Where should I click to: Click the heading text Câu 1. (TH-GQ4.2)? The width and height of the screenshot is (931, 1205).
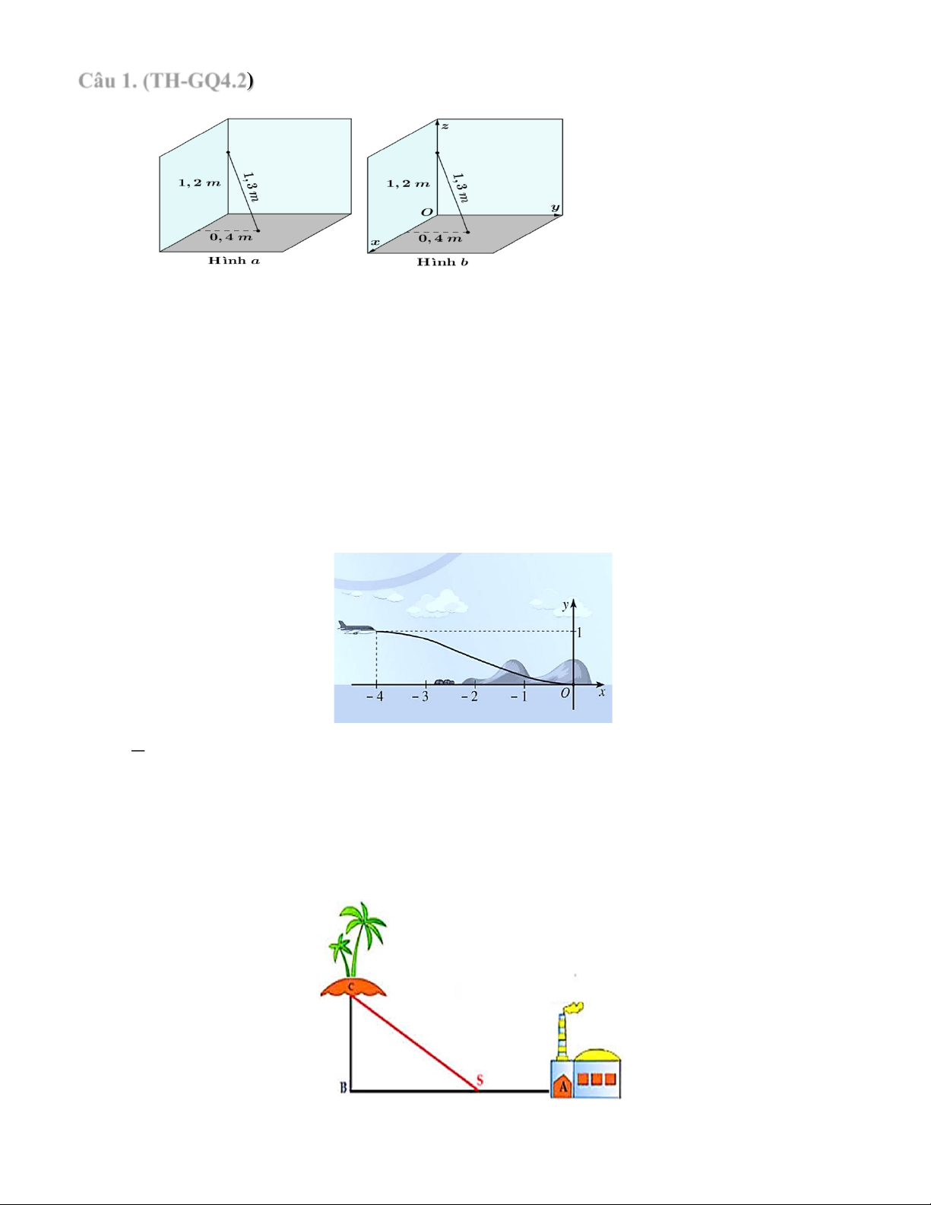166,81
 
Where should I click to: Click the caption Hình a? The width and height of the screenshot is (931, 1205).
234,261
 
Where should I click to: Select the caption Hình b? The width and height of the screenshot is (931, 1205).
442,262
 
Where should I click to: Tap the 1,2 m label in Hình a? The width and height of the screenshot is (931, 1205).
199,183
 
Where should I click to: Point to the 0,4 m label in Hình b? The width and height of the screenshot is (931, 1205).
440,239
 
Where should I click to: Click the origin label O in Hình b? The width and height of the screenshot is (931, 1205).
426,212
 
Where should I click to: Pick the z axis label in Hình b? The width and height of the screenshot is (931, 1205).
445,126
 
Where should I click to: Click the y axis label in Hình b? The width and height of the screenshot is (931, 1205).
555,208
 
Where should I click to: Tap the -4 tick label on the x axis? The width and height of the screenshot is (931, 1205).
375,696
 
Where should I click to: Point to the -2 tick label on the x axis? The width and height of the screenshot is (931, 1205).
470,696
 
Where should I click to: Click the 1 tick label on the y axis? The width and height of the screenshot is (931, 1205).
580,633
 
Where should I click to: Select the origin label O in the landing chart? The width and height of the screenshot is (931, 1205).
565,693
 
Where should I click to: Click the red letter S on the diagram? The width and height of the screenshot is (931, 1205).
480,1080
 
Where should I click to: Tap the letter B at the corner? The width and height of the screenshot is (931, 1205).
344,1087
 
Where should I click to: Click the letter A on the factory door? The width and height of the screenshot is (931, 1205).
564,1087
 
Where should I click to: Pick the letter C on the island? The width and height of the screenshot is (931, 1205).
351,988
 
